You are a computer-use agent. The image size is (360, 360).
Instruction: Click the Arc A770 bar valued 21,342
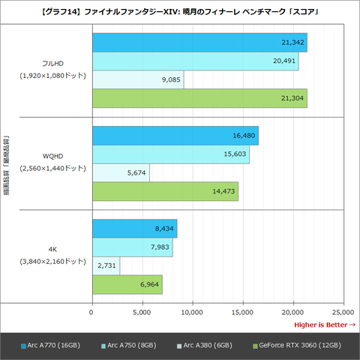199,43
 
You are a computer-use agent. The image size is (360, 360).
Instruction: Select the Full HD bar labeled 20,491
195,61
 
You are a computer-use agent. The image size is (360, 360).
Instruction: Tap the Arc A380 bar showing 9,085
137,80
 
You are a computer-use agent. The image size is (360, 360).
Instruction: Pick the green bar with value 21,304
199,99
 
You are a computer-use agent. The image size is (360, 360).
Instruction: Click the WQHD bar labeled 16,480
175,136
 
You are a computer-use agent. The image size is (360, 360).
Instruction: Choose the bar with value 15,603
170,154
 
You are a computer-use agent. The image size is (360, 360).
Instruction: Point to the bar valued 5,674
120,173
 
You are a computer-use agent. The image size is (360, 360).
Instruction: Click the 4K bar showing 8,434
134,229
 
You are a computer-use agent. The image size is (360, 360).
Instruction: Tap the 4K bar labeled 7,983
132,247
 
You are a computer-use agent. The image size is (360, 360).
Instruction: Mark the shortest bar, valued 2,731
106,266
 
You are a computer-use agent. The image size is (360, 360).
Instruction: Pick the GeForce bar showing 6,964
127,285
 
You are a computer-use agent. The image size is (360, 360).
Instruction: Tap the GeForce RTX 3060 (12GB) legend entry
297,345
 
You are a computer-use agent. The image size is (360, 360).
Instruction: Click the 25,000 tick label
343,311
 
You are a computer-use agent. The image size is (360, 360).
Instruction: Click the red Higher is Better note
324,325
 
